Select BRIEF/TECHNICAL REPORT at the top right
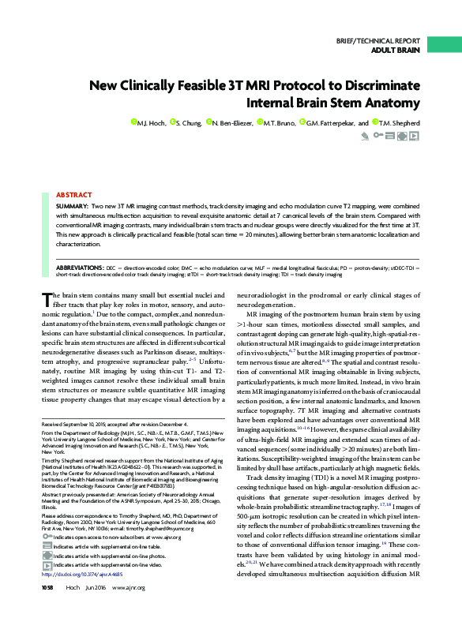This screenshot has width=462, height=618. [x=378, y=39]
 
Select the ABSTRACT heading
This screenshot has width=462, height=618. [x=73, y=171]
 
